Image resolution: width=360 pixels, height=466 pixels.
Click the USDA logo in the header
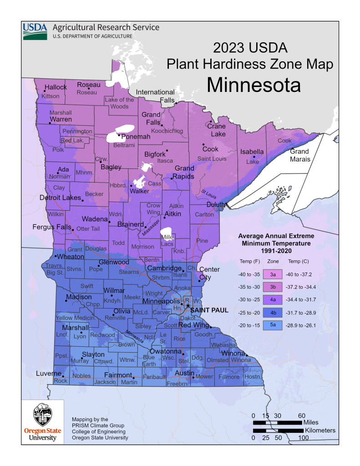tap(35, 30)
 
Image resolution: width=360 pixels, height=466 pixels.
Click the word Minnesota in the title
tap(254, 85)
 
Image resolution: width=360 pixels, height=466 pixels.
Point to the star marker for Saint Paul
tap(188, 306)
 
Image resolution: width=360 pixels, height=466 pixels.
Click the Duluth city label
tap(215, 205)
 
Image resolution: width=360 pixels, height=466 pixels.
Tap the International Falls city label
tap(155, 96)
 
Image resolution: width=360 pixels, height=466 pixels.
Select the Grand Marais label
tap(300, 155)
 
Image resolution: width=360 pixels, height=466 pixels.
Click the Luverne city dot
tap(63, 376)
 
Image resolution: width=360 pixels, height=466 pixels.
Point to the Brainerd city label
tap(129, 224)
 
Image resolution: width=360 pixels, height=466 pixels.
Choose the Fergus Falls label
tap(51, 227)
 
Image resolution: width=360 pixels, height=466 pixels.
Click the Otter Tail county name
tap(88, 229)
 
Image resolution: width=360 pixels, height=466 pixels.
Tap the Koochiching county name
tap(167, 131)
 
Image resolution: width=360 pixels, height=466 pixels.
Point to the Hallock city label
tap(55, 87)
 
